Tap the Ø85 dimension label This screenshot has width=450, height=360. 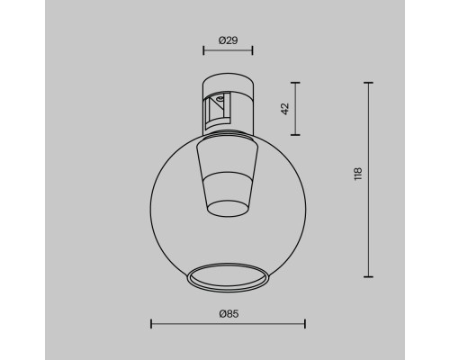click(x=227, y=313)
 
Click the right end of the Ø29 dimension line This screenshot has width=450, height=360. click(x=253, y=51)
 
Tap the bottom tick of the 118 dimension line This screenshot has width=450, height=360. click(x=368, y=276)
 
